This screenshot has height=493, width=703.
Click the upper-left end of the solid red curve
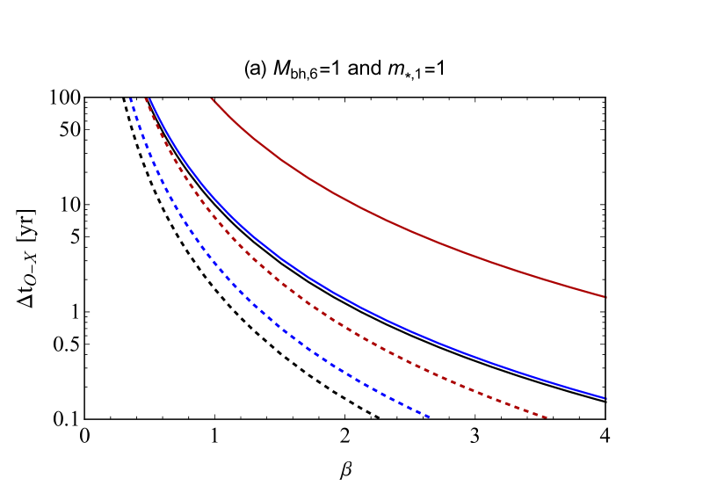point(213,99)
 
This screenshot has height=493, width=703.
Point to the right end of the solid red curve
point(605,297)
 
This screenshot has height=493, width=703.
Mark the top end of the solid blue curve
point(150,99)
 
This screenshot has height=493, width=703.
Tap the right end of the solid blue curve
point(605,398)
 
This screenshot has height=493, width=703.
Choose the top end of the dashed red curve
point(146,99)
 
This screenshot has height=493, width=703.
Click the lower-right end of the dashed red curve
point(547,417)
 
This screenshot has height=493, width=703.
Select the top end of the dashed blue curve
point(131,99)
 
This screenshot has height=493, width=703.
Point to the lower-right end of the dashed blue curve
point(429,417)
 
